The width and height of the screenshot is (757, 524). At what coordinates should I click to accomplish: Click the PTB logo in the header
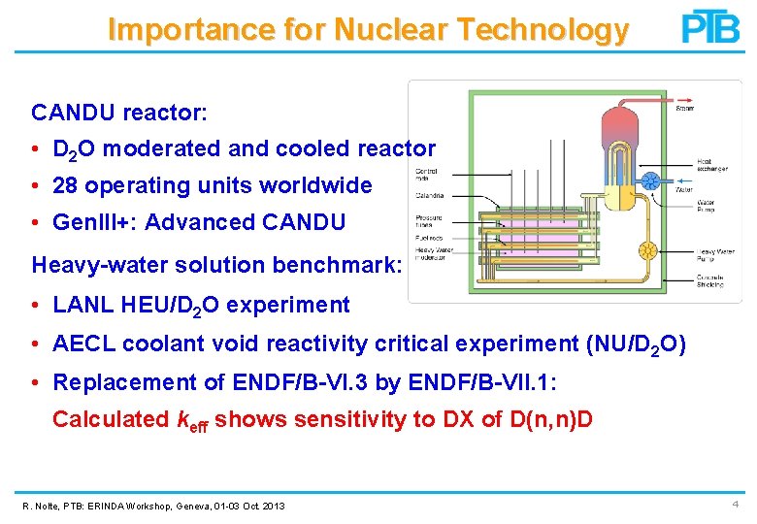click(710, 27)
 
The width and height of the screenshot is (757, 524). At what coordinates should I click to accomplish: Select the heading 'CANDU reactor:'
click(119, 113)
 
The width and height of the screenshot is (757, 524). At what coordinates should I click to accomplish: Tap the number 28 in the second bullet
click(65, 185)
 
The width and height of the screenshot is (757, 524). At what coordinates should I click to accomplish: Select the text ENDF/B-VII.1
click(480, 382)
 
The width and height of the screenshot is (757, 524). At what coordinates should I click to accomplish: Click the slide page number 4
click(736, 505)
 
